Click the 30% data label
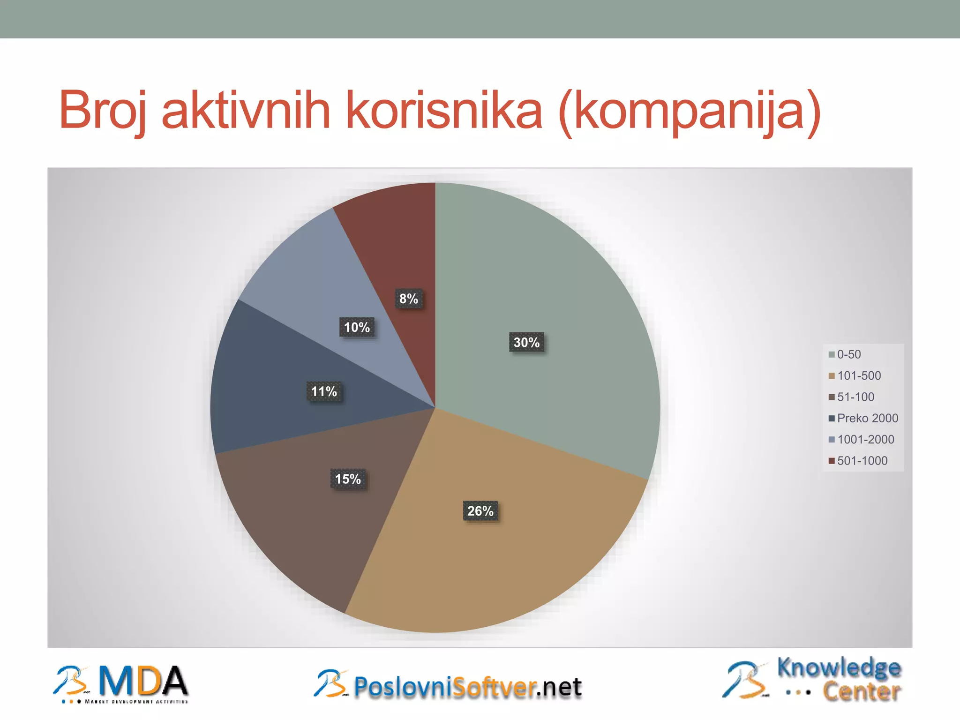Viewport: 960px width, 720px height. [526, 343]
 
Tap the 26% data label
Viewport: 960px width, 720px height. [480, 511]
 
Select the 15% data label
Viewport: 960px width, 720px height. [348, 479]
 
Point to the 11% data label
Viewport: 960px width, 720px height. [324, 391]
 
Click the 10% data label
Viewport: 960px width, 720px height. [357, 327]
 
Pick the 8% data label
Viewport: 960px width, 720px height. [408, 299]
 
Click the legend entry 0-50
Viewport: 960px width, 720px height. [848, 354]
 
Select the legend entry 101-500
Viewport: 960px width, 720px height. [859, 375]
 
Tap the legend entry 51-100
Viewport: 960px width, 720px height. [855, 397]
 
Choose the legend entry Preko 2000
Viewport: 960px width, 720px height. [867, 418]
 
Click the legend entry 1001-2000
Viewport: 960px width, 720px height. [865, 439]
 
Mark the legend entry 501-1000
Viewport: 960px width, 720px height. [862, 461]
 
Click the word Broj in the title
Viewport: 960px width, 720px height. [102, 111]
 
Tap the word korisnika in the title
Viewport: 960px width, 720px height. [444, 111]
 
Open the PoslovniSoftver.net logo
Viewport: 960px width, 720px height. [448, 685]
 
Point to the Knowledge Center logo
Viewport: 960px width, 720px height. [813, 680]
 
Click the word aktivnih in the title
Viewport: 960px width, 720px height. [246, 111]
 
